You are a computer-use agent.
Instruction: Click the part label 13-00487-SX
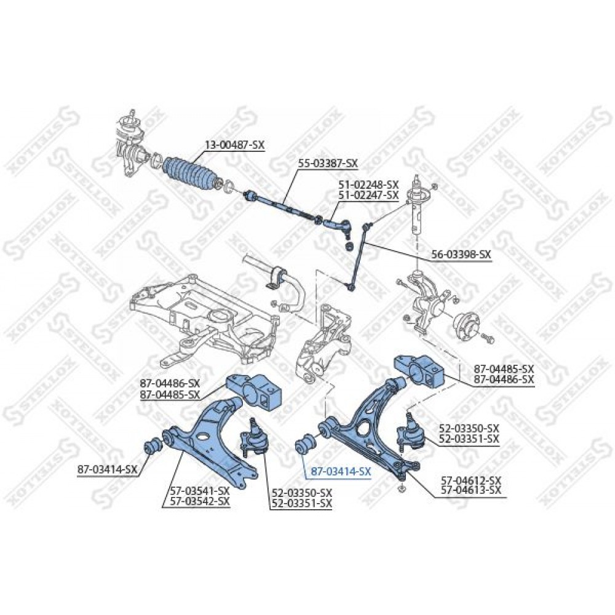coord(234,145)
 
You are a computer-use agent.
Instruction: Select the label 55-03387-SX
coord(328,163)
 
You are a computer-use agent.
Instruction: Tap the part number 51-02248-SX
coord(368,184)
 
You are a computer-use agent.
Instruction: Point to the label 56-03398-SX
coord(461,255)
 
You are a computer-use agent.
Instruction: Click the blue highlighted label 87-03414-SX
coord(341,472)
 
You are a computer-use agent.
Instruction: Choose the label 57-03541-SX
coord(200,491)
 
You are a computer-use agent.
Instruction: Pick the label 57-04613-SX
coord(471,490)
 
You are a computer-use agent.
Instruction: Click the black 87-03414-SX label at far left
coord(108,469)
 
